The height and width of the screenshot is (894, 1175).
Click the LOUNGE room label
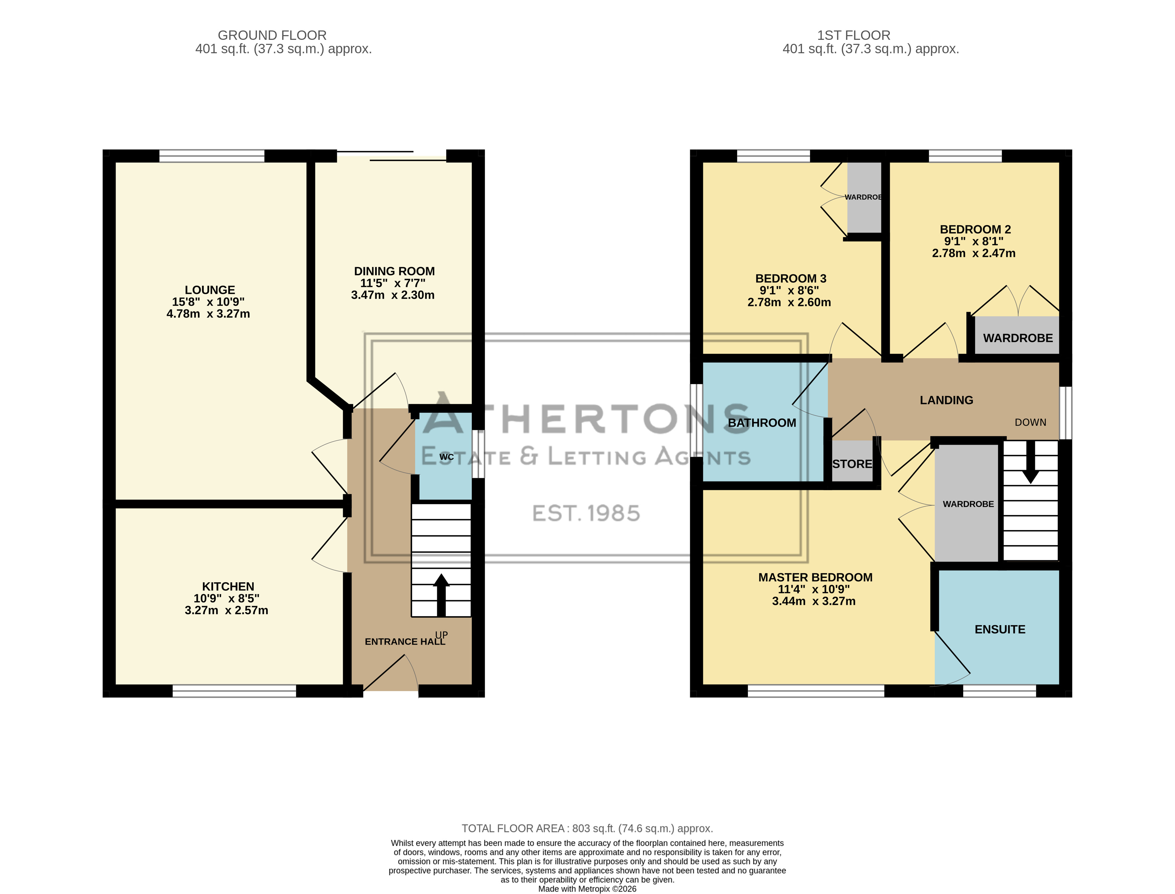coord(210,290)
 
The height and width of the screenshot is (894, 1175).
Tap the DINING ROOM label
coord(394,272)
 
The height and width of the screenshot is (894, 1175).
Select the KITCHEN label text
coord(228,586)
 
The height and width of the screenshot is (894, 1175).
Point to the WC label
coord(446,457)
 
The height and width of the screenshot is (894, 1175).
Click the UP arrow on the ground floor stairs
coord(441,595)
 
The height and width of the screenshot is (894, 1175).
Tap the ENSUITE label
coord(1000,629)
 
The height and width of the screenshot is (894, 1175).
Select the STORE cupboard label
coord(852,464)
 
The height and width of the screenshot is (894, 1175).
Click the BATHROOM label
coord(762,423)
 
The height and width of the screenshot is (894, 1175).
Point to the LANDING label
coord(946,400)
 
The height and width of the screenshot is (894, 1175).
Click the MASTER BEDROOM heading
coord(815,577)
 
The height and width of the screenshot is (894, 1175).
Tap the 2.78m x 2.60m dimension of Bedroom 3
coord(789,302)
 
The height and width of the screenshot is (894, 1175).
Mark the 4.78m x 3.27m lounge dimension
coord(208,314)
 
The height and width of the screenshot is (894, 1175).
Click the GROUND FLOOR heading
coord(272,35)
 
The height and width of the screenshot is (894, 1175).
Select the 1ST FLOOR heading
coord(853,35)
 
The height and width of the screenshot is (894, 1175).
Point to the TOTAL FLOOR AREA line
coord(587,829)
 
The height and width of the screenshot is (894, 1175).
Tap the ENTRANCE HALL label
coord(405,642)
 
